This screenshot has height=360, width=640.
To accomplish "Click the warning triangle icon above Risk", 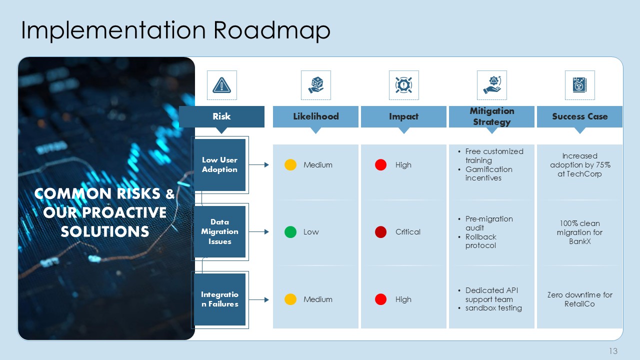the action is point(221,85).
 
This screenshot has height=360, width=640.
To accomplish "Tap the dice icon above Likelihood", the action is point(315,85).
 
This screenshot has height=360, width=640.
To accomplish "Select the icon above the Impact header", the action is point(403,85).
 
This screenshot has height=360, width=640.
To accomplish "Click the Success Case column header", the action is point(579,116).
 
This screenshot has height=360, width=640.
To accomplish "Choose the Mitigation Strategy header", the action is point(491,116).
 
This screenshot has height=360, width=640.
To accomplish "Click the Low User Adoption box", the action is point(219,165).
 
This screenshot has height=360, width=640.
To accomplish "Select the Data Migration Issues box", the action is point(219,231).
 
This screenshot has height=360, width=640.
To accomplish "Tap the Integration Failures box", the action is point(219,299).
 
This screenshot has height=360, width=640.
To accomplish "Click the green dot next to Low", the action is point(290,232).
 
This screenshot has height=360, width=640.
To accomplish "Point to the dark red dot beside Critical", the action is point(380,232).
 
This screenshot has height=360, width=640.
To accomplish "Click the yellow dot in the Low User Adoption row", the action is point(290,165).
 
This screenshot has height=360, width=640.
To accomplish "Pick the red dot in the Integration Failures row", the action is point(380,299).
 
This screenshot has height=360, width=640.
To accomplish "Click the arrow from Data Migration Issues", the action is point(259,231).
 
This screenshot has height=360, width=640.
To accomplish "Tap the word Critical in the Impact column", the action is point(407,232).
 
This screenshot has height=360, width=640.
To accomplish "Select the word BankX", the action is point(579,241).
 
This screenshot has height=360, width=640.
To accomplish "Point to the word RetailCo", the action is point(579,303).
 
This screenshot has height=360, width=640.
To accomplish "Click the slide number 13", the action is point(613,351).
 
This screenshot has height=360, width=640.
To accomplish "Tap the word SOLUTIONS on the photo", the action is point(105,231).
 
